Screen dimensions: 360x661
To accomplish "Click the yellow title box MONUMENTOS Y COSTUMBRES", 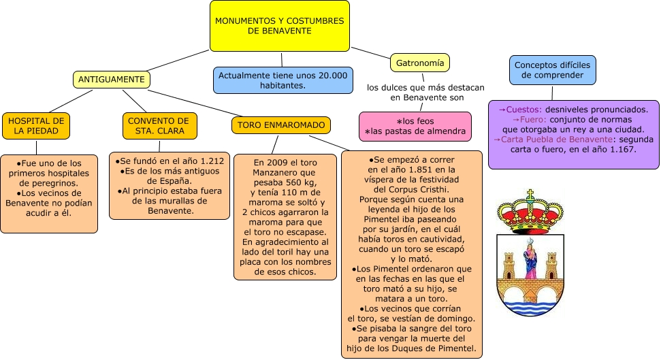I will [280, 26].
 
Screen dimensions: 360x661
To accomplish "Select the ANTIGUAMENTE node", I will [111, 80].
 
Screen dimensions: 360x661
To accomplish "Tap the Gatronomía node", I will [420, 63].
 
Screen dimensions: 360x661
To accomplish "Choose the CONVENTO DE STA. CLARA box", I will [159, 125].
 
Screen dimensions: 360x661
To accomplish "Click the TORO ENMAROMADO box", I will [281, 125].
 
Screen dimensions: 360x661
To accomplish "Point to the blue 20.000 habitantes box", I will [283, 80].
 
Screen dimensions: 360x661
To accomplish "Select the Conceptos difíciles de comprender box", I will [553, 69].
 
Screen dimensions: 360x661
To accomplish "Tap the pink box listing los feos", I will [416, 126].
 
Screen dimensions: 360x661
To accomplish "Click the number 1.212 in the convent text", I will [208, 161].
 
